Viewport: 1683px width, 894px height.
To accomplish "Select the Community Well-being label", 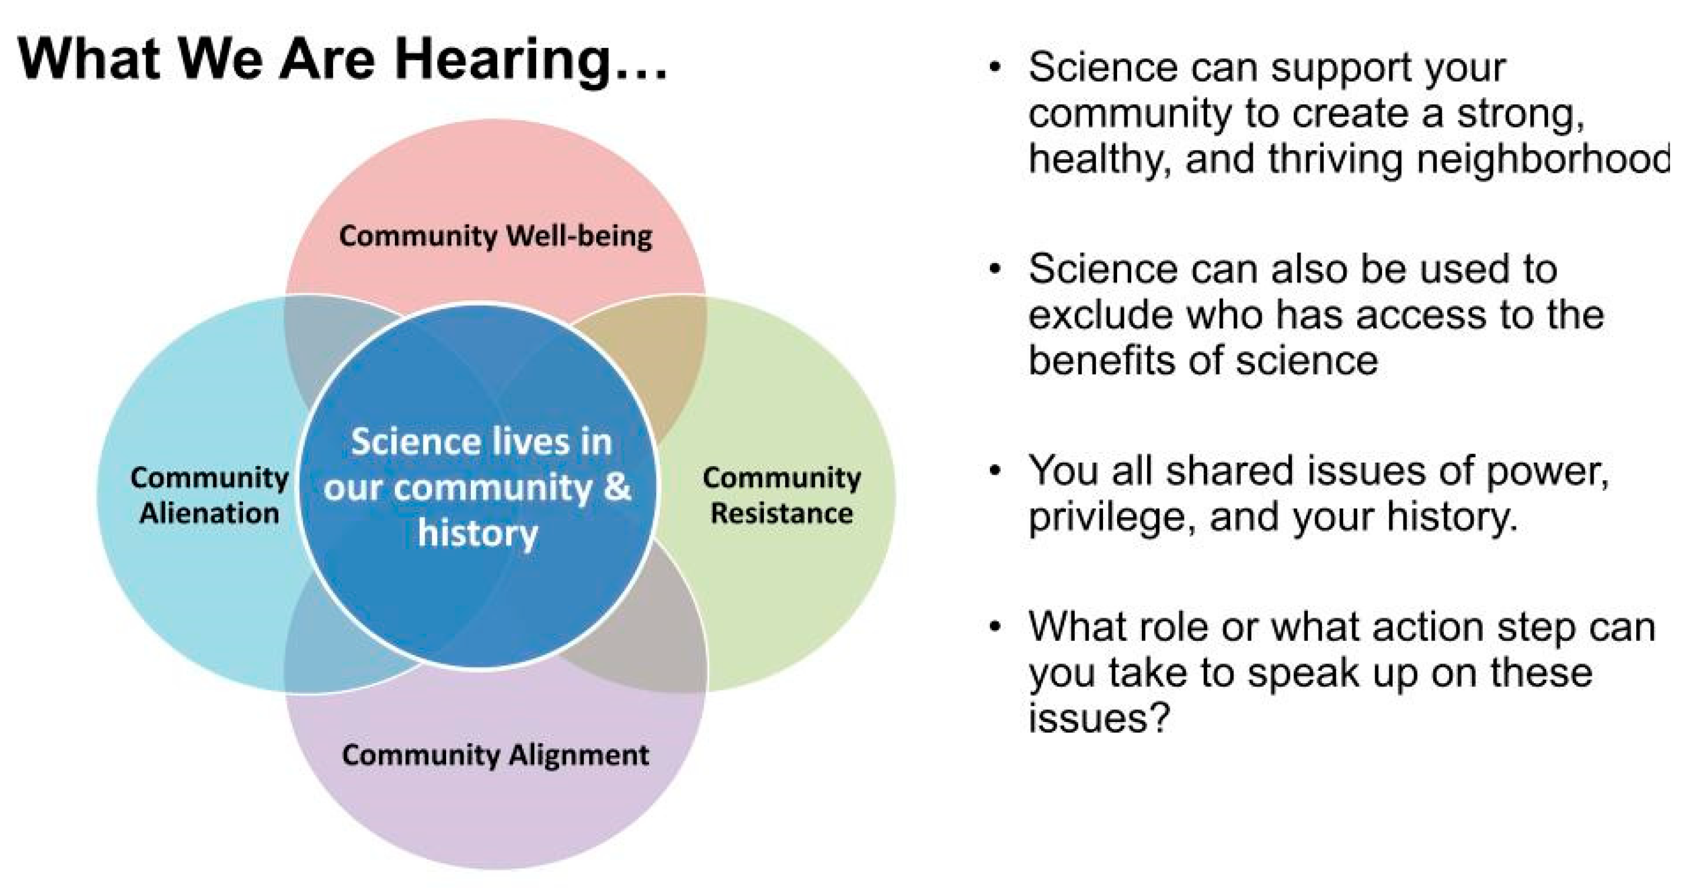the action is tap(495, 236).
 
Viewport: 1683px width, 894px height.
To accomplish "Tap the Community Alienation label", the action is tap(209, 495).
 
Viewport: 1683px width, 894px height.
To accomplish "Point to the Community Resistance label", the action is tap(781, 495).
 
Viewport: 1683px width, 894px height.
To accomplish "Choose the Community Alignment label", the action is tap(495, 756).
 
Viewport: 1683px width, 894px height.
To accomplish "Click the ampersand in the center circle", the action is tap(618, 486).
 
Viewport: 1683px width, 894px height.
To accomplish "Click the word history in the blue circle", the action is tap(478, 534).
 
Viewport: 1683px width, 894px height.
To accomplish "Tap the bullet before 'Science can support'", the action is tap(994, 69).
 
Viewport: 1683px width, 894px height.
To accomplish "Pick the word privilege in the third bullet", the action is tap(1113, 518).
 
